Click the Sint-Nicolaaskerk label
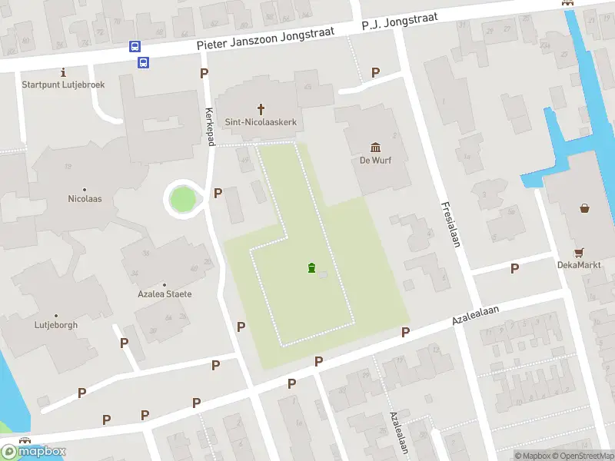click(x=261, y=122)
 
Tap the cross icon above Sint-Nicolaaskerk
click(x=261, y=109)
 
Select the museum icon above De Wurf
click(x=376, y=148)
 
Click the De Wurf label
click(x=376, y=161)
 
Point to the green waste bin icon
click(x=311, y=267)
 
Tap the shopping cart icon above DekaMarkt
click(x=579, y=252)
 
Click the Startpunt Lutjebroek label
click(x=63, y=85)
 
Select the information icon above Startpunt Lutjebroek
click(x=63, y=71)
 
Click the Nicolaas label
click(x=85, y=199)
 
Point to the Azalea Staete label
click(x=165, y=294)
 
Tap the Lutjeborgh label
click(x=56, y=325)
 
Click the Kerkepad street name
click(x=208, y=121)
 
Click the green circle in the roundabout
click(x=183, y=200)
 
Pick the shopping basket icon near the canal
click(x=585, y=207)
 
